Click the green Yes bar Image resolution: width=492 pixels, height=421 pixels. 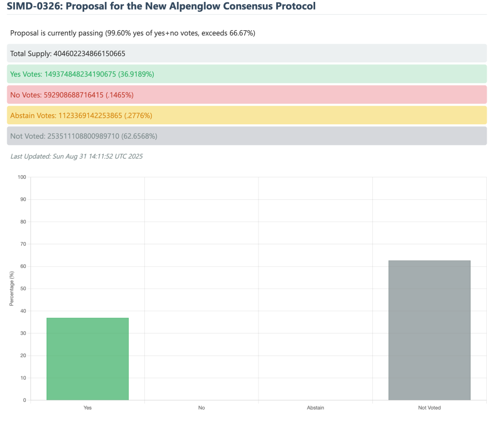click(x=87, y=359)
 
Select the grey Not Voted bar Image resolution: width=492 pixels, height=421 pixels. click(x=429, y=330)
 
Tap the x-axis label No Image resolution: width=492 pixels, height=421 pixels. click(x=201, y=408)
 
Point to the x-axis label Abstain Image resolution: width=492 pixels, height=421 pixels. click(x=315, y=408)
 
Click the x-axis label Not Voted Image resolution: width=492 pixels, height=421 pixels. click(x=429, y=408)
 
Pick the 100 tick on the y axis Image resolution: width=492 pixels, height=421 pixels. click(x=22, y=177)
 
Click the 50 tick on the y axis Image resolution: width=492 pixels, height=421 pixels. click(x=23, y=289)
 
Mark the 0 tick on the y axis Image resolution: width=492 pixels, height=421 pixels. click(x=25, y=400)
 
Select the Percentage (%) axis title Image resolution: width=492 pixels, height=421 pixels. click(x=12, y=288)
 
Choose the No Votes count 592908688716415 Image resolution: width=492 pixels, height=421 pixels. click(x=73, y=95)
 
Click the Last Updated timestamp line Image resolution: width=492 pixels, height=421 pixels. click(x=76, y=156)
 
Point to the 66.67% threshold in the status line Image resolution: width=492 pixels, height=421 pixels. click(x=242, y=33)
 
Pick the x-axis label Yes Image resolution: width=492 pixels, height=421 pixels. click(x=87, y=408)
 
